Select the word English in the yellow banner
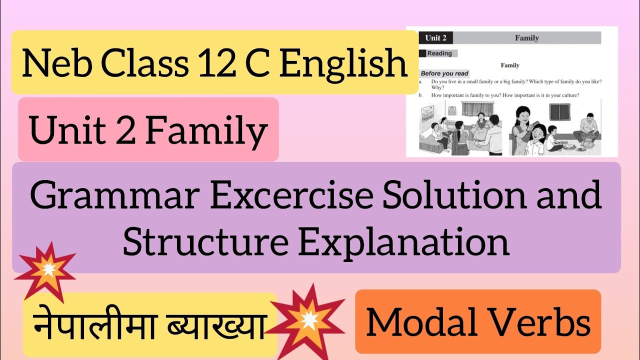click(x=343, y=63)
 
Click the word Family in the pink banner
click(x=206, y=130)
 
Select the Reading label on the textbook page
click(x=439, y=53)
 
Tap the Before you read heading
click(x=444, y=73)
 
